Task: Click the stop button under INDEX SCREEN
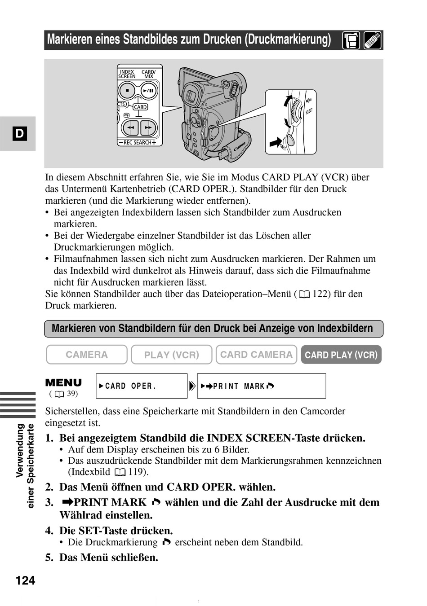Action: pos(127,91)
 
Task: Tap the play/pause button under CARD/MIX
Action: pos(148,91)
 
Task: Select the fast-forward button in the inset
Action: pos(148,128)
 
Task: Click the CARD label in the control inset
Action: pos(140,107)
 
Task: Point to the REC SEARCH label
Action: pos(137,143)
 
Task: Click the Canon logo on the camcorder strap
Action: pos(239,147)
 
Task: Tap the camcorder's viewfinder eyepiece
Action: pos(192,96)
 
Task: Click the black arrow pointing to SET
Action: pos(275,143)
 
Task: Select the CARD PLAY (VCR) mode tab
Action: pos(341,355)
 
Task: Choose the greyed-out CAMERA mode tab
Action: pos(87,355)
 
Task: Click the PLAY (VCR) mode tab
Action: pos(171,355)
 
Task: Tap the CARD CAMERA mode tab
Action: pos(256,355)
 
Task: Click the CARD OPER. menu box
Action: pos(142,386)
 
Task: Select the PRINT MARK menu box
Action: pos(261,386)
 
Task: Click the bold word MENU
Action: pos(63,383)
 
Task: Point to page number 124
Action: pos(25,580)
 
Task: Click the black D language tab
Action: pos(20,133)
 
